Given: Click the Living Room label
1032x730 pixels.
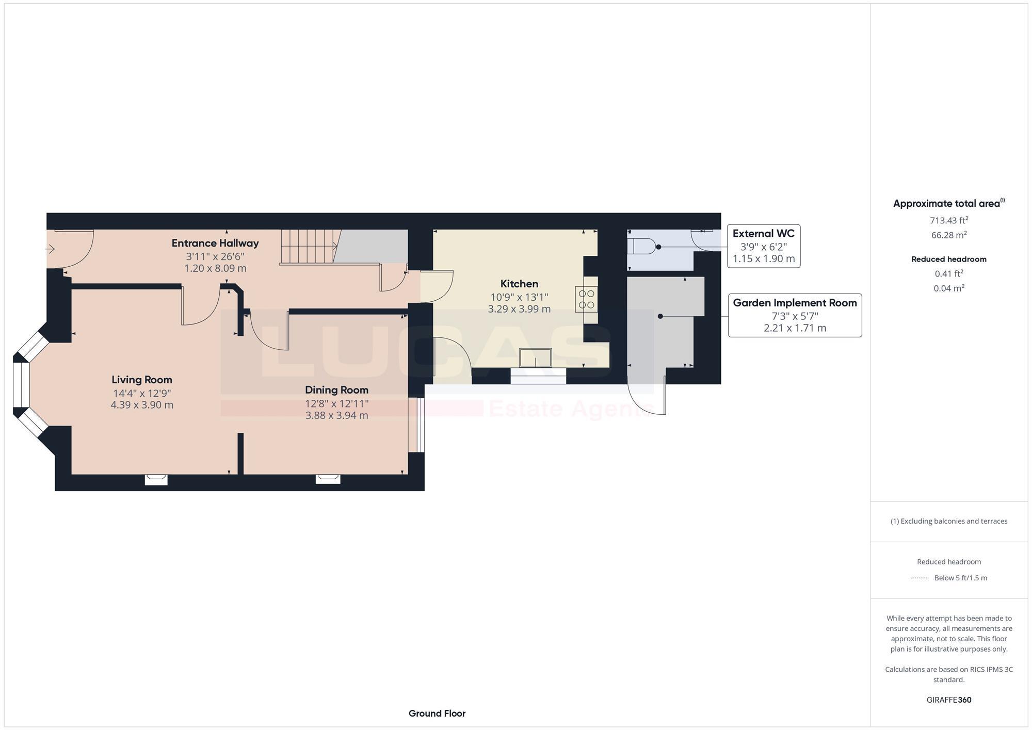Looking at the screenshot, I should (x=142, y=380).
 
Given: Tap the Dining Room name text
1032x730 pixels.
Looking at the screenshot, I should (x=336, y=390).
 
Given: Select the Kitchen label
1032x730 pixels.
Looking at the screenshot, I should (x=519, y=284).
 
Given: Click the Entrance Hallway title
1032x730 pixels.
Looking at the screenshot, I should (x=215, y=243).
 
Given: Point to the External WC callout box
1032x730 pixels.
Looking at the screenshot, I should (x=763, y=246).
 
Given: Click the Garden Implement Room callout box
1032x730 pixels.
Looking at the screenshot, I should (x=795, y=315).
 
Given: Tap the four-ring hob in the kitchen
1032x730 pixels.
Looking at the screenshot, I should (x=587, y=299).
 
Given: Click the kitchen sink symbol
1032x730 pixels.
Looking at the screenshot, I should (x=536, y=358).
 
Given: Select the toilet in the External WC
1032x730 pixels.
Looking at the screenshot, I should (x=641, y=247).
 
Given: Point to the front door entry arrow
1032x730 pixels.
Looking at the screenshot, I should (x=50, y=249).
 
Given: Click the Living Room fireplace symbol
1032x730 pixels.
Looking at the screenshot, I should (x=156, y=480).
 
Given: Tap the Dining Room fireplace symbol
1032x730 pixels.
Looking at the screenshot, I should (x=328, y=479).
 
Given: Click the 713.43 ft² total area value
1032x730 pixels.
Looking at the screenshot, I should (x=948, y=220).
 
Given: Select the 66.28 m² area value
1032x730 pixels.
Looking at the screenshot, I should (x=948, y=235).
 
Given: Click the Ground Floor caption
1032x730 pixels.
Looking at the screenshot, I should (x=437, y=713).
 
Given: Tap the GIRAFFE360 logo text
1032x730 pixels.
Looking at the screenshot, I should (x=948, y=700).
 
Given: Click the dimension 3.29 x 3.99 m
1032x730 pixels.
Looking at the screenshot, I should (x=519, y=309).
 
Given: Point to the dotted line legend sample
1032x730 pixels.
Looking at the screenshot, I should (x=920, y=578).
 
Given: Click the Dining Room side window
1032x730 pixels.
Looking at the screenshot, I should (x=417, y=425).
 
